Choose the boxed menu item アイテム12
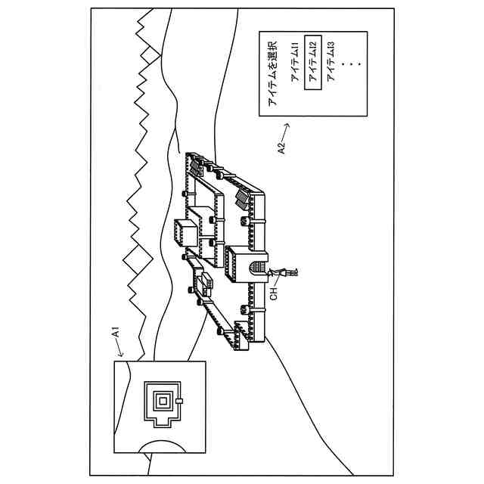click(313, 73)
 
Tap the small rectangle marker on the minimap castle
click(180, 401)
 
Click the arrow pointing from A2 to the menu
click(287, 129)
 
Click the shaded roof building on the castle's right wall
click(244, 198)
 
